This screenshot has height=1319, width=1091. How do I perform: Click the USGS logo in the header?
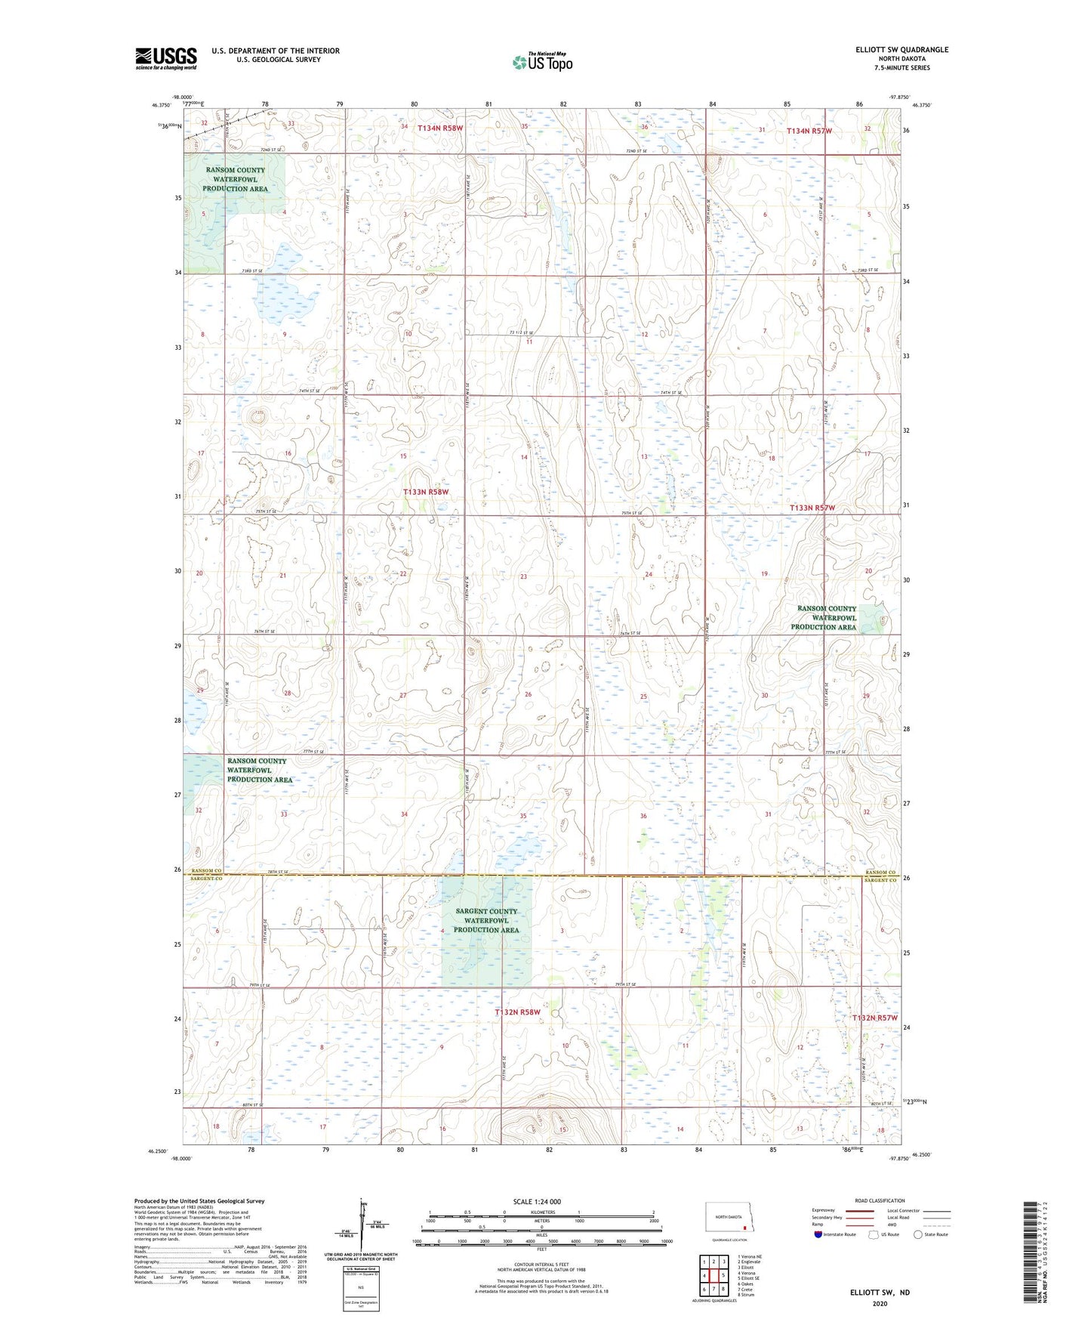pyautogui.click(x=166, y=58)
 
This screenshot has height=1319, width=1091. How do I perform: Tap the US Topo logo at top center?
pyautogui.click(x=542, y=62)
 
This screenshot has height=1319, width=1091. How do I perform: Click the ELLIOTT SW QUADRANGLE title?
pyautogui.click(x=901, y=50)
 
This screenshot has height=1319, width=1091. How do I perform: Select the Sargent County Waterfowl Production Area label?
pyautogui.click(x=486, y=920)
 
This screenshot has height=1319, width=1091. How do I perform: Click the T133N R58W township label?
pyautogui.click(x=426, y=492)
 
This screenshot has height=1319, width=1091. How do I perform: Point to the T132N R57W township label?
pyautogui.click(x=874, y=1018)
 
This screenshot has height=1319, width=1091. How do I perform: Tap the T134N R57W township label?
pyautogui.click(x=809, y=131)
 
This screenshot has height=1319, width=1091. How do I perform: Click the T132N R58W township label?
pyautogui.click(x=517, y=1012)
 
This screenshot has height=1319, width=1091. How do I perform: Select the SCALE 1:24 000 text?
pyautogui.click(x=537, y=1201)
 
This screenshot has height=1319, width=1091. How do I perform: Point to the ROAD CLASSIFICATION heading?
pyautogui.click(x=880, y=1200)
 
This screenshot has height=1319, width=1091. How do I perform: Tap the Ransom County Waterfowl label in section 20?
pyautogui.click(x=827, y=617)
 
